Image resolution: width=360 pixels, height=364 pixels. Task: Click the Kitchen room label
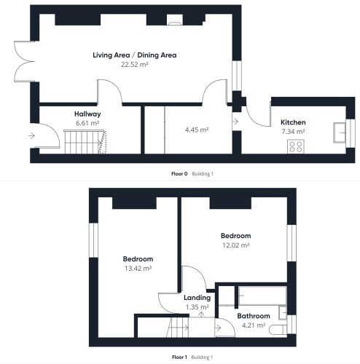coord(293,122)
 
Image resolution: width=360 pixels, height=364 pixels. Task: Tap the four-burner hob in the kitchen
coord(296,146)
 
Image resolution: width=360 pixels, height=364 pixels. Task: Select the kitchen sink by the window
coord(340,132)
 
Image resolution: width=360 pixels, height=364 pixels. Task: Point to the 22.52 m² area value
coord(135,65)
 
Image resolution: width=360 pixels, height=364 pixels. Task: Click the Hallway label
coord(87,114)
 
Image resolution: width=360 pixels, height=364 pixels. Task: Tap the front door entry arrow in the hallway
coord(31,135)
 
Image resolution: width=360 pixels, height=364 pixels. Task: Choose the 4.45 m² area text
coord(197,130)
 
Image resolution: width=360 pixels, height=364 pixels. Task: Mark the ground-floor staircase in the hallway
coord(85,142)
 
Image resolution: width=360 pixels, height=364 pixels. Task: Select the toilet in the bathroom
coord(278,330)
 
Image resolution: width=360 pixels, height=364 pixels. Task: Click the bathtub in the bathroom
coord(262,296)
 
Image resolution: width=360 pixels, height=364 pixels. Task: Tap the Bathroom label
coord(254,316)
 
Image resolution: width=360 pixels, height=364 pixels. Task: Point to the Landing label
coord(197,298)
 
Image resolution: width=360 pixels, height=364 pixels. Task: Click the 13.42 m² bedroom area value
coord(138,269)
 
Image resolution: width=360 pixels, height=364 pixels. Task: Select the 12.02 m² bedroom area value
coord(235,245)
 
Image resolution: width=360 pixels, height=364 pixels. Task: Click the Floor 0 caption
coord(179,174)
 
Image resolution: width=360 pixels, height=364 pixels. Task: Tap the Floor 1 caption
coord(179,357)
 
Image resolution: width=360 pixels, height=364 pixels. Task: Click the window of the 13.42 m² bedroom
coord(93,240)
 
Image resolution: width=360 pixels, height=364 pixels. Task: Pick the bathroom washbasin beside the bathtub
coord(283,312)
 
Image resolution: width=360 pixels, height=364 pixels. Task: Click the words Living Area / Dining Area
coord(135,55)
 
